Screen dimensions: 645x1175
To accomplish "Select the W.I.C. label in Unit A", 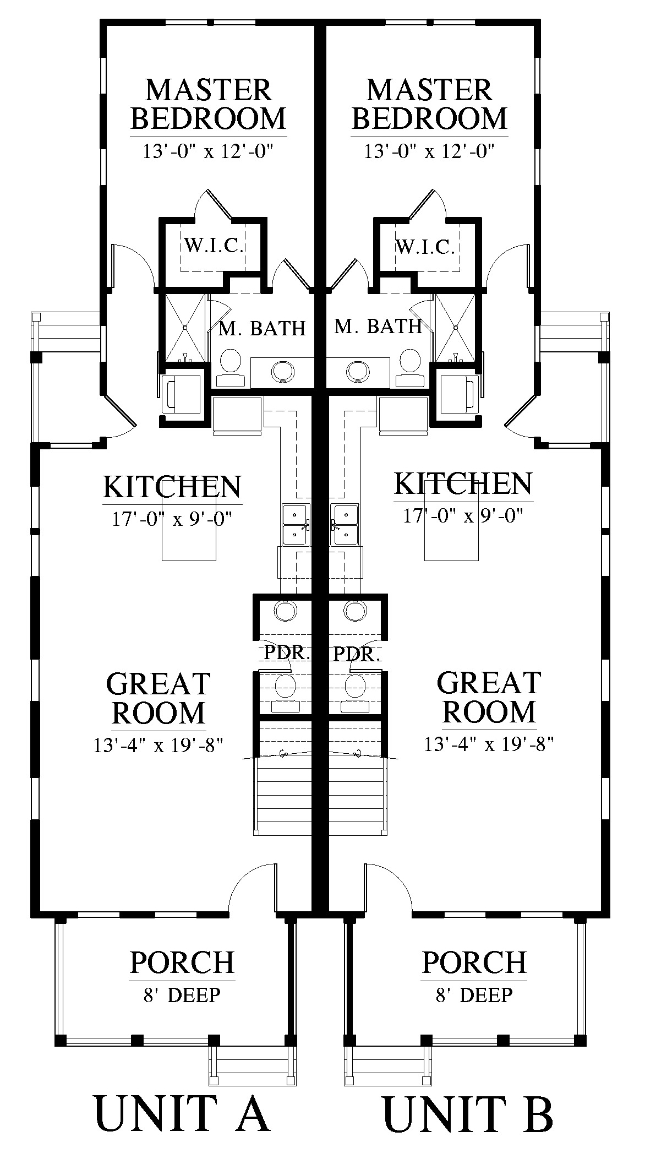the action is [214, 246].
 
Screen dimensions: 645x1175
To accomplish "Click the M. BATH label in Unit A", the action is [262, 329].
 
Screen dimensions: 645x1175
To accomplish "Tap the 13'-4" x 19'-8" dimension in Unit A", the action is [158, 745].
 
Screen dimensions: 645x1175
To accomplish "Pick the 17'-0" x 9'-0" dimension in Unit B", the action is [463, 516].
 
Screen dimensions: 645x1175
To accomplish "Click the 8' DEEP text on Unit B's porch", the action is [474, 995].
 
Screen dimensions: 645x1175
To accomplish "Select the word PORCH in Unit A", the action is [182, 962].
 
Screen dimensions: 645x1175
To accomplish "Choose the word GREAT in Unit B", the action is [488, 683].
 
